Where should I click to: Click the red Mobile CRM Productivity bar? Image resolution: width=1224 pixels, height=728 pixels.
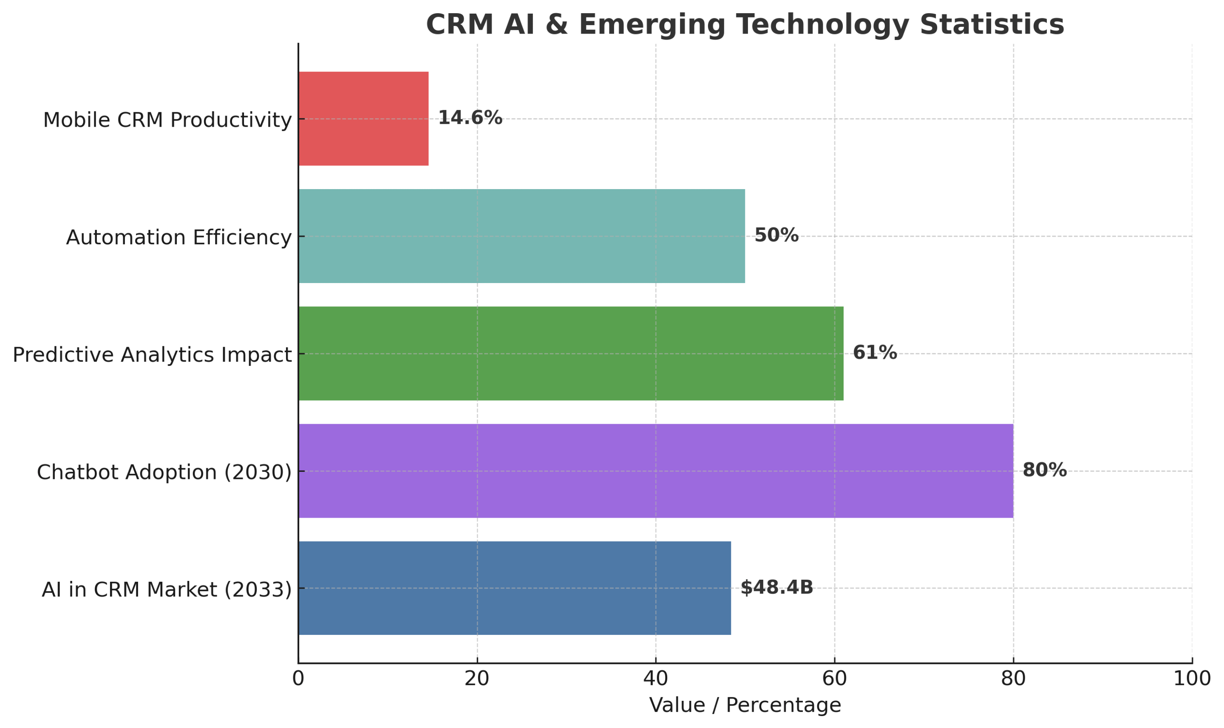363,119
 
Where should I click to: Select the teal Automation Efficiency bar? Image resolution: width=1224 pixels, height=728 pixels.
521,236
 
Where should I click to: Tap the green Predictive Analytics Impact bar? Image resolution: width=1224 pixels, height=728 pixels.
570,353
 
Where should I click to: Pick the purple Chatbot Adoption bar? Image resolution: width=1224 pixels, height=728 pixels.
655,471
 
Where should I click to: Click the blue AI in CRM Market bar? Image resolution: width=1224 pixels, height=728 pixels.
514,588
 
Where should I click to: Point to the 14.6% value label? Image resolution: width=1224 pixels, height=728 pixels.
470,118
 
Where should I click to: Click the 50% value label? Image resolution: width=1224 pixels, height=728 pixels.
776,235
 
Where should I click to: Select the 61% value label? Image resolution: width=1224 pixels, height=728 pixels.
875,353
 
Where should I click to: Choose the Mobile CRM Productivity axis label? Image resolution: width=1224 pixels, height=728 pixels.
167,120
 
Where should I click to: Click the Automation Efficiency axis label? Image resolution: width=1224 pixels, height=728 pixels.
178,238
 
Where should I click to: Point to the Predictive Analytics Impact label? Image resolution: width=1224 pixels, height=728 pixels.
152,355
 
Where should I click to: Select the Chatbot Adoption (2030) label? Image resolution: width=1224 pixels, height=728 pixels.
164,473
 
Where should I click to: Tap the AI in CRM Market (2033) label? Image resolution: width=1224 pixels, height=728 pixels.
166,589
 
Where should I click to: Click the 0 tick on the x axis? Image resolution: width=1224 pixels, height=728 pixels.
298,678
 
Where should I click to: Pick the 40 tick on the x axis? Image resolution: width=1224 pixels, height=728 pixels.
655,678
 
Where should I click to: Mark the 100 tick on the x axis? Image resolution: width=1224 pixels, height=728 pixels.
1192,678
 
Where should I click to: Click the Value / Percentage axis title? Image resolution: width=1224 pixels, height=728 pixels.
745,705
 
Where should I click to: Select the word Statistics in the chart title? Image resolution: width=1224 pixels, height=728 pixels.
992,25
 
